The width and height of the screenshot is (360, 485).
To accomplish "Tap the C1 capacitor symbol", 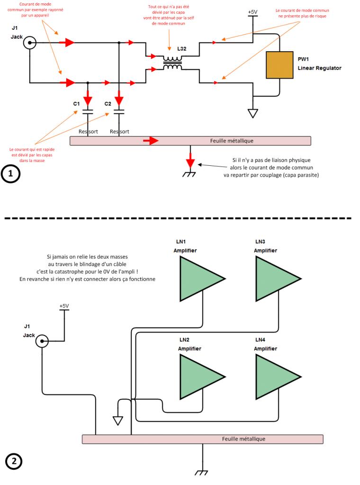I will coord(87,112).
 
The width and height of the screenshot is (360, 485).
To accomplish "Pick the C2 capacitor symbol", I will coord(119,112).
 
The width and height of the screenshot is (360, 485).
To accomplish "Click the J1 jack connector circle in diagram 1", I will coord(30,43).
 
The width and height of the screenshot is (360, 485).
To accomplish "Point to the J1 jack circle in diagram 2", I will coord(42,341).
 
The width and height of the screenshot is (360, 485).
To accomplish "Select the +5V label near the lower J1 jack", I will coord(64,306).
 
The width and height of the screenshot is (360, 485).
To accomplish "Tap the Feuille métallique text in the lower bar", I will coord(243,439).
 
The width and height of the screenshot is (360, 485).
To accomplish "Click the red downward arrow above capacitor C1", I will coord(88,100).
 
